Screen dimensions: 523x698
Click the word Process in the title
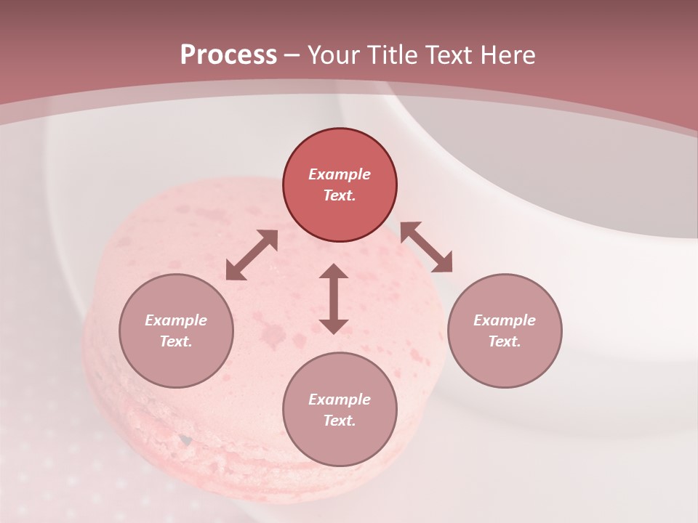point(228,55)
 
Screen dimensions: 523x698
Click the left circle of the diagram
point(176,331)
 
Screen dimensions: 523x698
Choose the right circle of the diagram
point(505,331)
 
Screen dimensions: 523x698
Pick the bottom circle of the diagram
point(340,409)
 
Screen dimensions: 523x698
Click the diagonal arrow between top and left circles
point(252,255)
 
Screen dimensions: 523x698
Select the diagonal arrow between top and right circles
point(427,247)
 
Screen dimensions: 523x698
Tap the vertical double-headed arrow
point(334,299)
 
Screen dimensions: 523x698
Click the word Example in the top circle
point(340,174)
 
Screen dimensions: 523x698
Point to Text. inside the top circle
point(340,195)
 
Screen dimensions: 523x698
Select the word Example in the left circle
point(176,320)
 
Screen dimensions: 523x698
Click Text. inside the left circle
point(176,341)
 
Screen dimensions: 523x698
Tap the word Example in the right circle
point(505,320)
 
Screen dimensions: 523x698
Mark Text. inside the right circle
point(505,341)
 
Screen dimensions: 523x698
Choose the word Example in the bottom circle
point(340,400)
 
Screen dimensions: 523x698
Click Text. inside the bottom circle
point(340,421)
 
